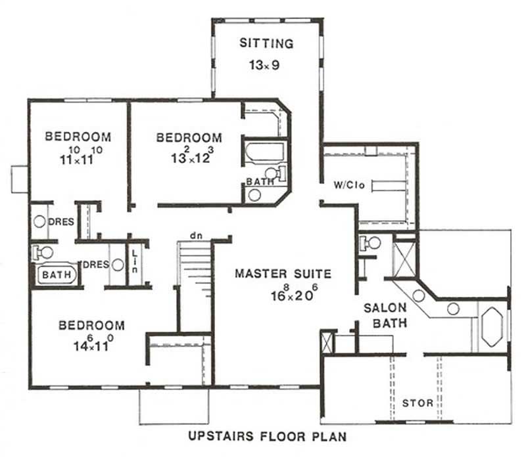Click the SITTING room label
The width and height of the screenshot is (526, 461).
(266, 44)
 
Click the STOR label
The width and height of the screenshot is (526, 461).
(417, 403)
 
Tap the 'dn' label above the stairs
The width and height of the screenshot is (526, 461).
(195, 234)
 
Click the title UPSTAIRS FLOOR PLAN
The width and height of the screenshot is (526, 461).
(267, 435)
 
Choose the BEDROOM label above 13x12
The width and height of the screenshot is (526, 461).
(189, 138)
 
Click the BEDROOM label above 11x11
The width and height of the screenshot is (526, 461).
(78, 137)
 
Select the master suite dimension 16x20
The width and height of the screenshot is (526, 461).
(283, 294)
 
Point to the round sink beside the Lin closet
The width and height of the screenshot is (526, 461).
(118, 265)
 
